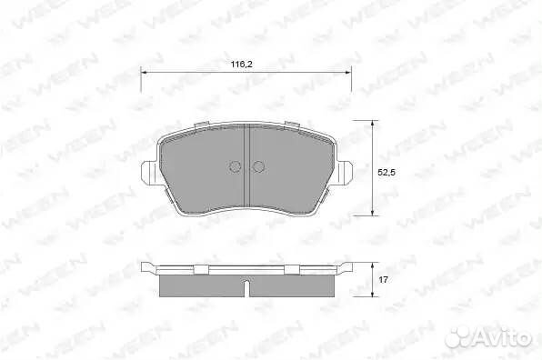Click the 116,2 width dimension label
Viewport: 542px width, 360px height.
[242, 64]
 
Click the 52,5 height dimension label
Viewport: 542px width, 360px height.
[386, 173]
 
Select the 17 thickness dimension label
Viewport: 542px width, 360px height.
[383, 280]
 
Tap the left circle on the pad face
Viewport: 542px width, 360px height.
[235, 167]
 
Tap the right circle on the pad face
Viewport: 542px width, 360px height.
[258, 167]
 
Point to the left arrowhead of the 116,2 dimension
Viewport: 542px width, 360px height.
[145, 73]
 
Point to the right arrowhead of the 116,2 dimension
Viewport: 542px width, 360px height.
[347, 73]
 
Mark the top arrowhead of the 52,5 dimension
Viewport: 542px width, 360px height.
[372, 124]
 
